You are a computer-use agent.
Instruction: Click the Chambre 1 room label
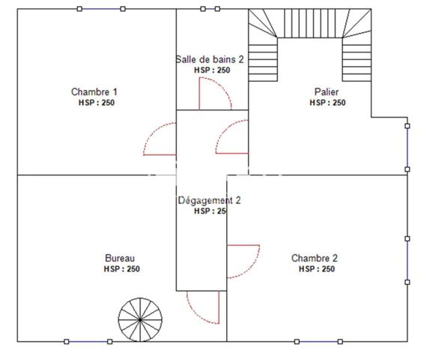click(x=94, y=91)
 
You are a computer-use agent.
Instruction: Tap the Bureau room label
click(x=120, y=258)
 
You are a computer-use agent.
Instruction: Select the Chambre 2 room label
click(x=315, y=258)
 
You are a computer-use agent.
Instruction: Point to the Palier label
click(x=327, y=91)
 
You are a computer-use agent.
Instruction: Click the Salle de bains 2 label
click(x=210, y=59)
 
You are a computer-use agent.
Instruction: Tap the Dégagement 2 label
click(x=209, y=200)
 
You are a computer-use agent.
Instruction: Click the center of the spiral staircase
click(x=140, y=320)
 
